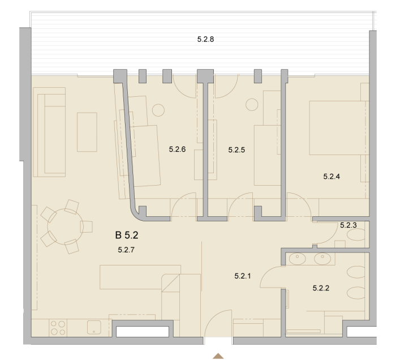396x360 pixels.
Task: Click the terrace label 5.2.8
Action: tap(205, 40)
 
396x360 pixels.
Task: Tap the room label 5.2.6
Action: tap(177, 149)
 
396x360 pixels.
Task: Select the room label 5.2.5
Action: tap(236, 150)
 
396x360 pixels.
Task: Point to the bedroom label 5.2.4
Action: tap(332, 177)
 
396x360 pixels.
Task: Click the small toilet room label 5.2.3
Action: tap(348, 225)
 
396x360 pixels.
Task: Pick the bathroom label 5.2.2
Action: tap(321, 288)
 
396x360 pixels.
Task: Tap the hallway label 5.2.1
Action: tap(243, 276)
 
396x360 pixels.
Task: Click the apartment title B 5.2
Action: tap(127, 235)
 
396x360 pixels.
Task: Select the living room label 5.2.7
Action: tap(126, 250)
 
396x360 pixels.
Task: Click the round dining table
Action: tap(65, 226)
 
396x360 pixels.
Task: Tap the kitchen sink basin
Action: tap(94, 327)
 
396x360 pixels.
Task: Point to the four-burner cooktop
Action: tap(58, 328)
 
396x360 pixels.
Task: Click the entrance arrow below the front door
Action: tap(218, 356)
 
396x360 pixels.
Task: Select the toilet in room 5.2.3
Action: tap(356, 235)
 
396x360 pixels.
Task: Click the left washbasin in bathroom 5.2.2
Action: tap(297, 259)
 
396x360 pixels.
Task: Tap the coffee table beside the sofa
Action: tap(87, 132)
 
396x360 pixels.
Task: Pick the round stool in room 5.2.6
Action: tap(158, 110)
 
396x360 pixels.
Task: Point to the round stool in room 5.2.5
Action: tap(252, 104)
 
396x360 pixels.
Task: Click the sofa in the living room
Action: tap(49, 132)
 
